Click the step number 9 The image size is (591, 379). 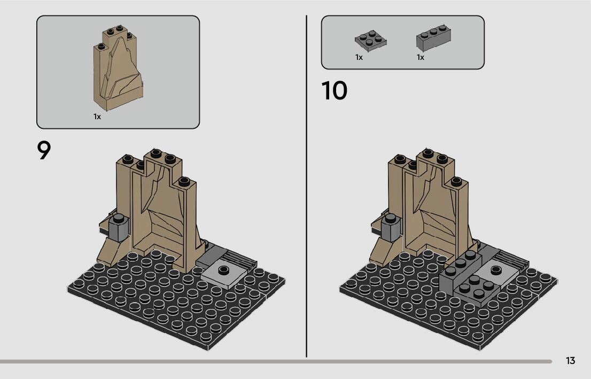tap(44, 150)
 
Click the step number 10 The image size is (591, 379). tap(334, 90)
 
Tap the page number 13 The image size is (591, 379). tap(570, 360)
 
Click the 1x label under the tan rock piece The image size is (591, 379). tap(97, 117)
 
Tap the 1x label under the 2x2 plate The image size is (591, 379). tap(359, 57)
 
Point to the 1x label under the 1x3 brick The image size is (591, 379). tap(420, 57)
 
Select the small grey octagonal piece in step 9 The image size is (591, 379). tap(118, 227)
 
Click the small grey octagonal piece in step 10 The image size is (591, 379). tap(391, 228)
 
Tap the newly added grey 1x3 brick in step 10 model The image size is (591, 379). tap(460, 272)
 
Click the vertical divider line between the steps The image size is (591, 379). tap(306, 186)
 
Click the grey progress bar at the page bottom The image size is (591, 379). tap(276, 362)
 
